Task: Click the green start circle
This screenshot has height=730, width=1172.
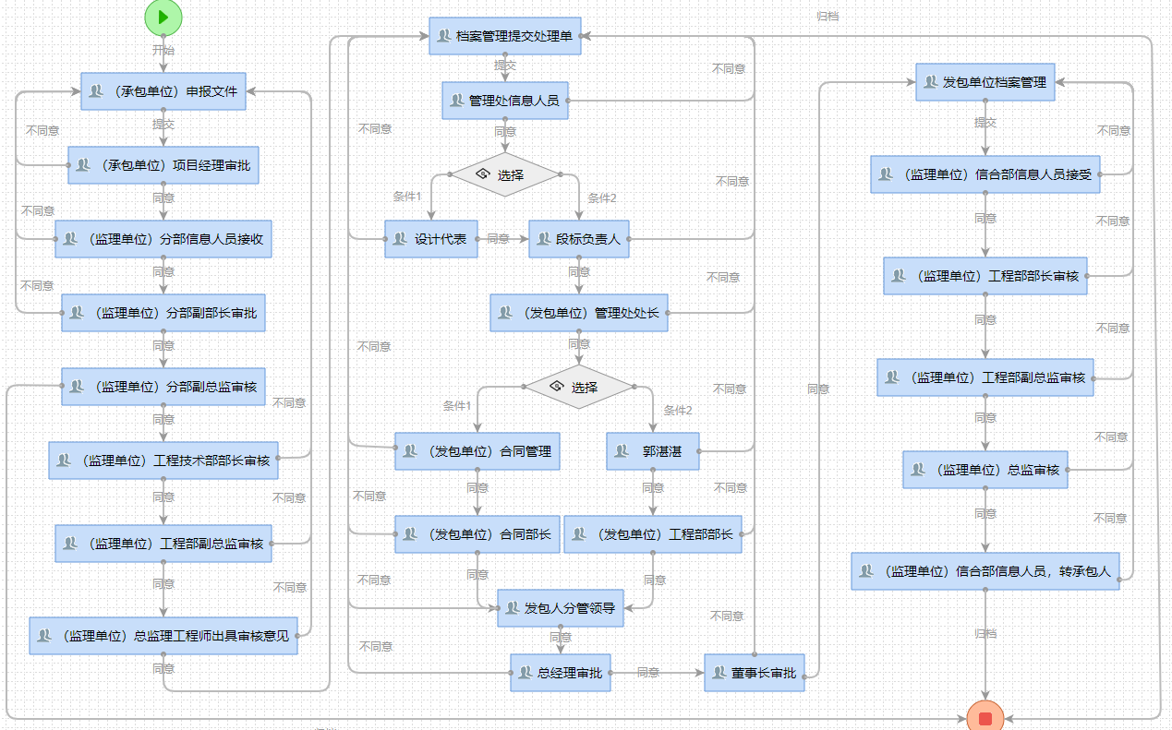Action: pyautogui.click(x=163, y=17)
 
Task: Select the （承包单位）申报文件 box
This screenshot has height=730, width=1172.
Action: pyautogui.click(x=163, y=91)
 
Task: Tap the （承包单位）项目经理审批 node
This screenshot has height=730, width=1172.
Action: pyautogui.click(x=163, y=165)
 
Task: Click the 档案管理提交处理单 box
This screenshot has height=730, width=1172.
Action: pyautogui.click(x=505, y=36)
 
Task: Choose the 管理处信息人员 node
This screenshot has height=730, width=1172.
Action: pyautogui.click(x=505, y=101)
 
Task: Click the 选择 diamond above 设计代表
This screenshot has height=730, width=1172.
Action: pyautogui.click(x=505, y=174)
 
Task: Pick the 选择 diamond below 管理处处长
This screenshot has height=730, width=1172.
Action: pyautogui.click(x=579, y=387)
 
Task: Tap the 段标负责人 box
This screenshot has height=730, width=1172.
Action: pyautogui.click(x=579, y=239)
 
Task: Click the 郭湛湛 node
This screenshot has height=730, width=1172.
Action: pyautogui.click(x=653, y=451)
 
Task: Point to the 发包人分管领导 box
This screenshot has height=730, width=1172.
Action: pyautogui.click(x=561, y=608)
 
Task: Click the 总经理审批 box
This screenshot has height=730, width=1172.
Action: pyautogui.click(x=561, y=673)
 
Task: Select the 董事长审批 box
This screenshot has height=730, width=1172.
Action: pyautogui.click(x=755, y=673)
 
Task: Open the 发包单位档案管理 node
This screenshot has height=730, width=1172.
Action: pyautogui.click(x=985, y=82)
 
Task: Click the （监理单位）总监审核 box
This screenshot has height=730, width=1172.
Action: pyautogui.click(x=985, y=470)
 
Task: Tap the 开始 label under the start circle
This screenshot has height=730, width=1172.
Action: pyautogui.click(x=163, y=50)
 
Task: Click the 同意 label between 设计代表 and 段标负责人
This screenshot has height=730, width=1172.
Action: pyautogui.click(x=498, y=239)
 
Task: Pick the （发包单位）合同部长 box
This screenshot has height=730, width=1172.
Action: pyautogui.click(x=477, y=534)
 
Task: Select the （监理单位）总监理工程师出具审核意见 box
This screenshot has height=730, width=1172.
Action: pyautogui.click(x=163, y=636)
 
